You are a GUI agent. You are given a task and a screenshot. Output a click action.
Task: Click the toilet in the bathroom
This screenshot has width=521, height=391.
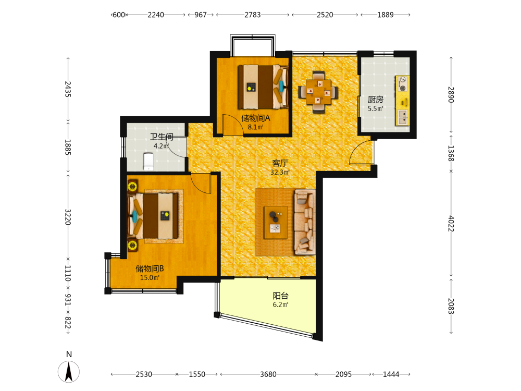point(148,161)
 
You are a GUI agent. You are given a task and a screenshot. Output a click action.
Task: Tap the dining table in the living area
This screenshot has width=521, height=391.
point(319,91)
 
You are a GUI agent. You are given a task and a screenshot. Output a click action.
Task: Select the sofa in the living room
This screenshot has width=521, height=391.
point(305,222)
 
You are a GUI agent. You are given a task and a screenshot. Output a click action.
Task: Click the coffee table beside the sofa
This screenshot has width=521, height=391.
point(276,223)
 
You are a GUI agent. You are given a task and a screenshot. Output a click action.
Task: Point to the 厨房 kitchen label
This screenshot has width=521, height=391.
point(376,100)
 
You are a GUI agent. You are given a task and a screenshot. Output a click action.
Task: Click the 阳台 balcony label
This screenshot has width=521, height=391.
point(280,296)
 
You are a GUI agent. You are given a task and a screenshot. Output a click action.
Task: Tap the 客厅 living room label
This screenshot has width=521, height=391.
point(280,163)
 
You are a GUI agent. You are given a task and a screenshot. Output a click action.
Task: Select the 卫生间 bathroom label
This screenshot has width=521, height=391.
point(162,137)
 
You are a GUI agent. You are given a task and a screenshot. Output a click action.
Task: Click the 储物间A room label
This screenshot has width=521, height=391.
point(255,118)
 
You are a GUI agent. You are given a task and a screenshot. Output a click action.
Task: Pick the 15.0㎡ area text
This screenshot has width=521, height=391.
point(150,278)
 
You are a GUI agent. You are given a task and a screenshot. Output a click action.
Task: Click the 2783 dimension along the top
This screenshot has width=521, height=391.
point(253,15)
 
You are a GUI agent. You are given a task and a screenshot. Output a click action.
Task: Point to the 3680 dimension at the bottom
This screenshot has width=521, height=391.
point(268,374)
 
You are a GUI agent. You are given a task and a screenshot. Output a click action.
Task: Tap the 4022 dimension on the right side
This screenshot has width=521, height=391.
point(451,224)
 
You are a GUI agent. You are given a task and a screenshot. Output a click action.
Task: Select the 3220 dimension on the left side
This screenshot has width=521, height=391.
point(68,217)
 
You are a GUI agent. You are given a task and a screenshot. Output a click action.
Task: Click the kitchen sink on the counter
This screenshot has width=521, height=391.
point(403,117)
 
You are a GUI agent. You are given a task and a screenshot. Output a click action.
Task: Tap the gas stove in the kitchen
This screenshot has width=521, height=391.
point(402,84)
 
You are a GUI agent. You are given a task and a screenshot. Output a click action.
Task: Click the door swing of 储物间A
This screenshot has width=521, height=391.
point(233,125)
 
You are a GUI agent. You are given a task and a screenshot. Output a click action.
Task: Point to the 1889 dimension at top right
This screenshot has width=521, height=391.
point(386,15)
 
